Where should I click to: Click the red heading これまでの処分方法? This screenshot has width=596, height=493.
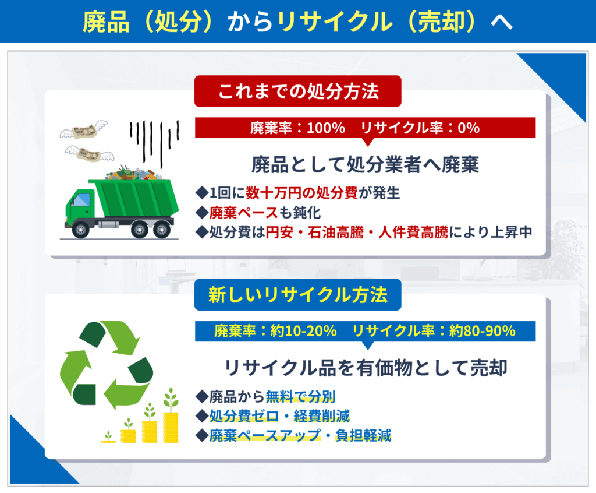pyautogui.click(x=298, y=91)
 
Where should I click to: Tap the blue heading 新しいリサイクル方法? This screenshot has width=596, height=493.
pyautogui.click(x=298, y=295)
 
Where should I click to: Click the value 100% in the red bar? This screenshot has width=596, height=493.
pyautogui.click(x=326, y=128)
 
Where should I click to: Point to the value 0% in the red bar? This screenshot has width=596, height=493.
pyautogui.click(x=469, y=128)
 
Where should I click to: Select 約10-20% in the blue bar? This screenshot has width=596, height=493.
pyautogui.click(x=303, y=331)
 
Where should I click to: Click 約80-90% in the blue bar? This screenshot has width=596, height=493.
pyautogui.click(x=482, y=331)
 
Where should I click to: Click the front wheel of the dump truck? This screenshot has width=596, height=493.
pyautogui.click(x=80, y=230)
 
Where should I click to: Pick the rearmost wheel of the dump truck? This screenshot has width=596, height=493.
pyautogui.click(x=162, y=230)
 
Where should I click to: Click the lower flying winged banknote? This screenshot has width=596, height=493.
pyautogui.click(x=90, y=154)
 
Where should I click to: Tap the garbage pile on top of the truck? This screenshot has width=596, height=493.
pyautogui.click(x=133, y=173)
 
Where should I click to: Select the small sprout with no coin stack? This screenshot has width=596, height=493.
pyautogui.click(x=108, y=436)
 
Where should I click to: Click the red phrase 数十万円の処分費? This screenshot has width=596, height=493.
pyautogui.click(x=302, y=193)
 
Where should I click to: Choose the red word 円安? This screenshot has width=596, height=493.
pyautogui.click(x=279, y=233)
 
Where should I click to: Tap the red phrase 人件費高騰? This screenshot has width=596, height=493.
pyautogui.click(x=414, y=233)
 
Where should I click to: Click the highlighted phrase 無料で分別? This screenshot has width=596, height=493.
pyautogui.click(x=300, y=397)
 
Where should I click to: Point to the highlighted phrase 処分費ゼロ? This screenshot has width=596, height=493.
pyautogui.click(x=244, y=416)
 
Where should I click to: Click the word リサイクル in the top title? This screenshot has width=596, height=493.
pyautogui.click(x=335, y=22)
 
